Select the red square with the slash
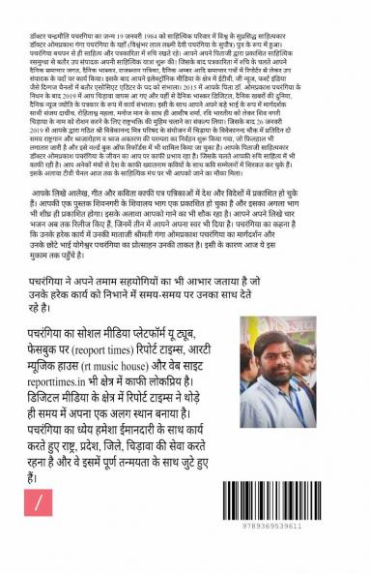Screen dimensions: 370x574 38,504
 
